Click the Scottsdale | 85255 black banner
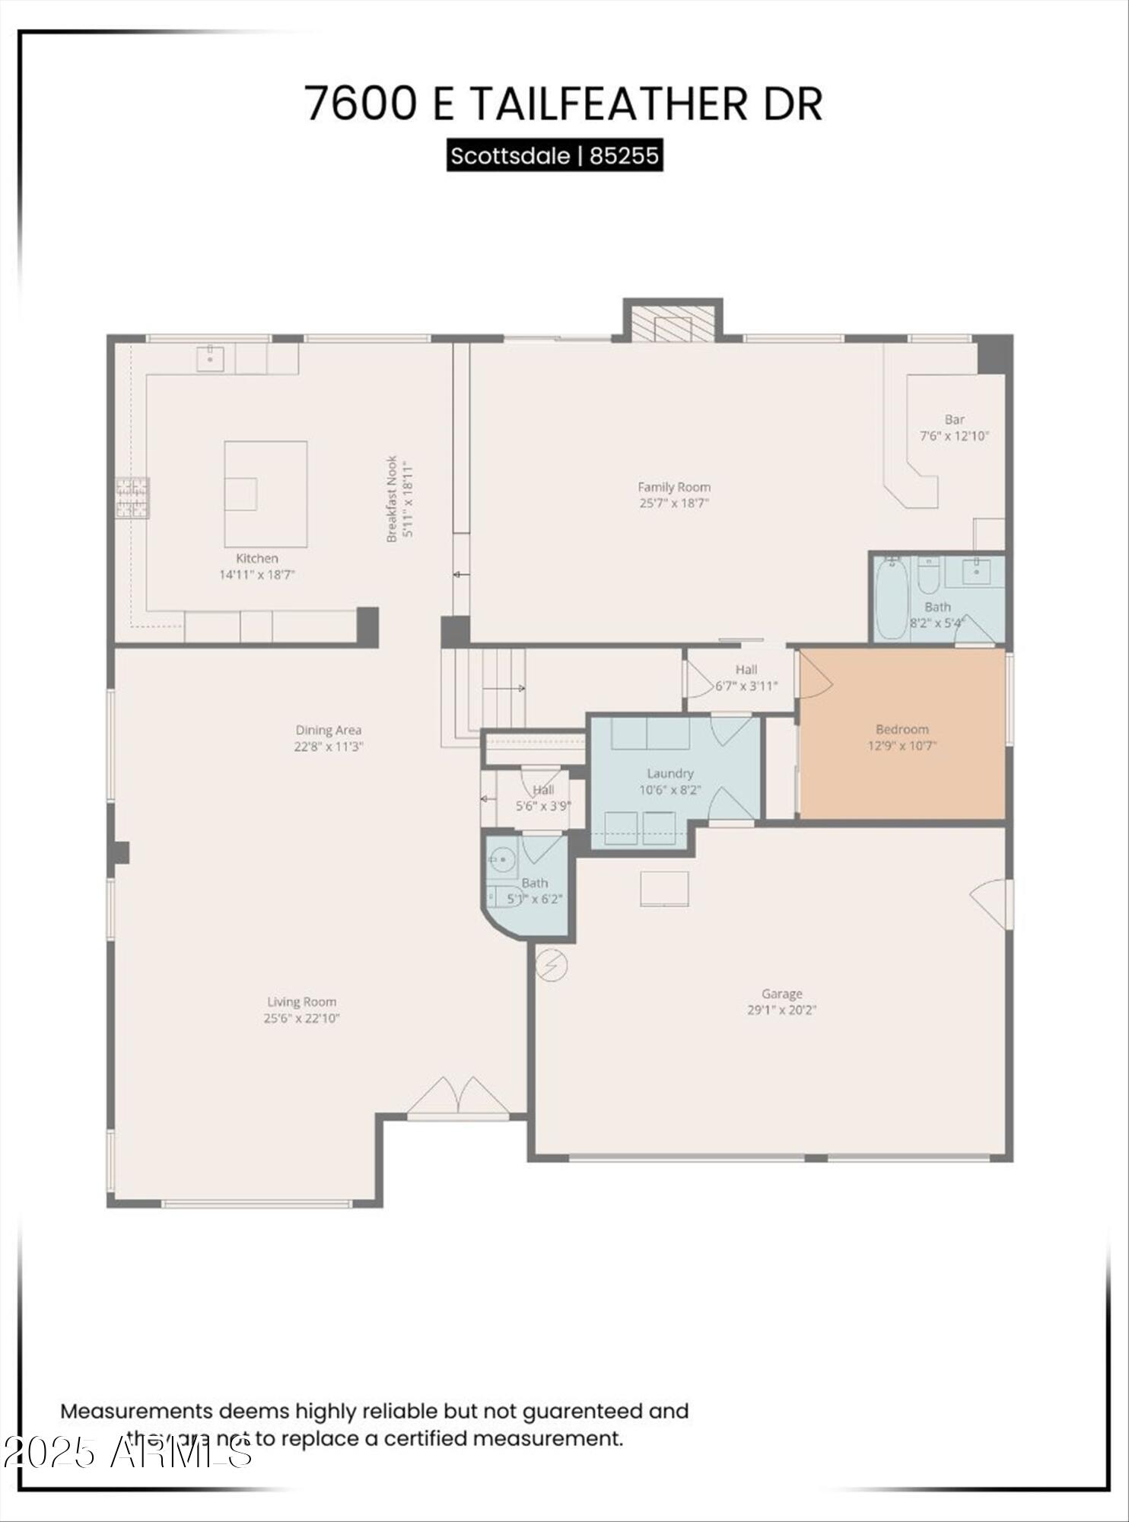(x=555, y=156)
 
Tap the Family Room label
(x=674, y=487)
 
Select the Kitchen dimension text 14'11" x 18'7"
(x=256, y=575)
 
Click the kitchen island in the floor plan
(x=266, y=493)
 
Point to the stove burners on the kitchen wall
(x=132, y=498)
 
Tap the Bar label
(x=954, y=419)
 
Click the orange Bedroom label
(x=902, y=729)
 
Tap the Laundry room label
(x=669, y=773)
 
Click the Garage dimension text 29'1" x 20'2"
(x=781, y=1011)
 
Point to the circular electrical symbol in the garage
(x=551, y=965)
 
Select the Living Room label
(x=301, y=1002)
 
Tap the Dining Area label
(x=328, y=731)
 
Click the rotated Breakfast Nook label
(x=392, y=498)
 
